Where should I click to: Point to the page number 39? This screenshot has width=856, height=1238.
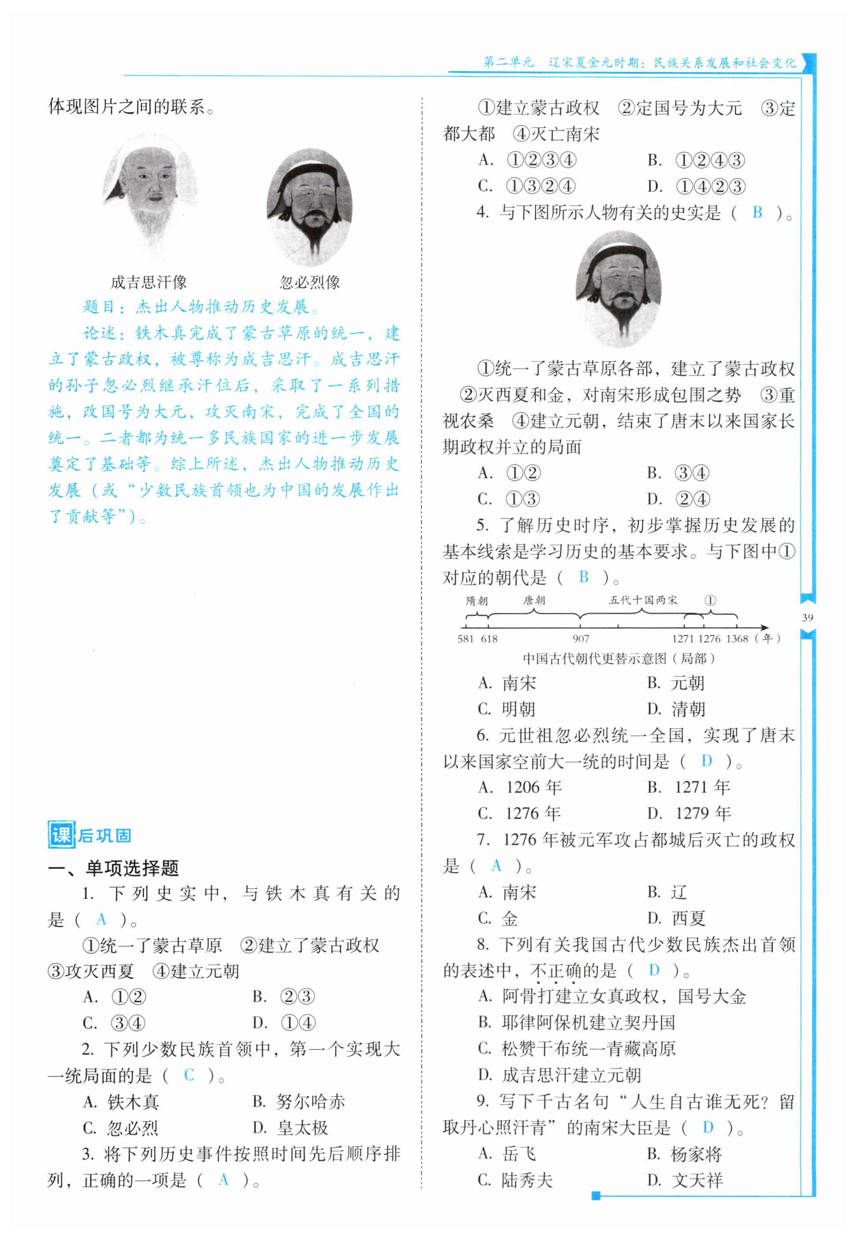(807, 617)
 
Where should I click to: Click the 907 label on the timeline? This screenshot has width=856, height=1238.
(581, 638)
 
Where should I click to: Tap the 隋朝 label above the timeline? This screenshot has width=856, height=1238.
(477, 601)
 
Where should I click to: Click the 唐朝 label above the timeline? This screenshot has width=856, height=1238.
(534, 601)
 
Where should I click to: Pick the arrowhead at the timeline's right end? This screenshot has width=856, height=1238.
(765, 627)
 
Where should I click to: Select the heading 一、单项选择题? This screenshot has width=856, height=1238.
(113, 867)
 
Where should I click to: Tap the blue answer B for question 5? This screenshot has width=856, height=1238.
(583, 577)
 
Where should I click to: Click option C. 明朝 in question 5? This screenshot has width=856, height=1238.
(506, 709)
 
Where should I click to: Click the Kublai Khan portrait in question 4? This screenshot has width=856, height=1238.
(618, 288)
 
